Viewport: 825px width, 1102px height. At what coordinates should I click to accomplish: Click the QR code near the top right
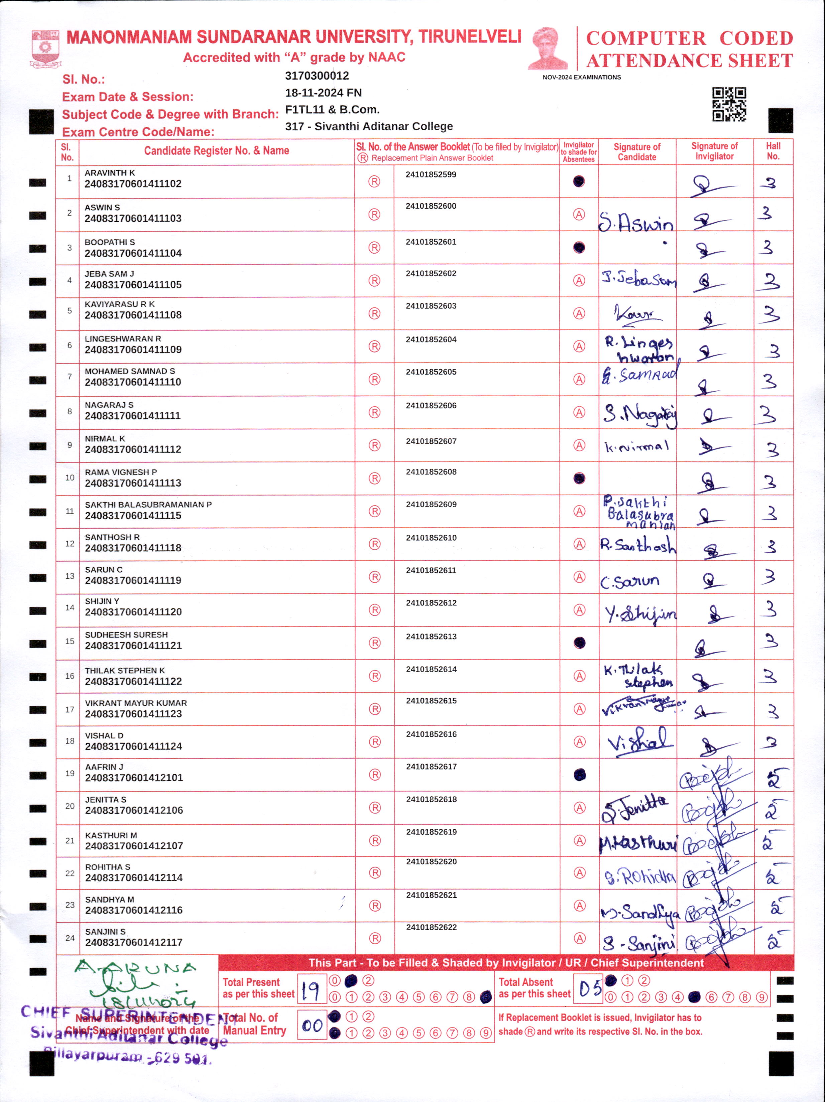coord(729,104)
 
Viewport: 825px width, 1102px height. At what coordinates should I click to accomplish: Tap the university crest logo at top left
coord(45,48)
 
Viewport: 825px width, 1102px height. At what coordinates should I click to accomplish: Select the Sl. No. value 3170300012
coord(317,76)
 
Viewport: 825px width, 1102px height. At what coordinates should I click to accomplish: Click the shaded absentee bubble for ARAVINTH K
coord(578,181)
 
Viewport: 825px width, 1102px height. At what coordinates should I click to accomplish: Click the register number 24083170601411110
coord(133,382)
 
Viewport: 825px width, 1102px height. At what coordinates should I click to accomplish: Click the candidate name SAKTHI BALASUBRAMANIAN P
coord(148,505)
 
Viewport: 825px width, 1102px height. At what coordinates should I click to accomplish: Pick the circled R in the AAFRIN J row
coord(375,775)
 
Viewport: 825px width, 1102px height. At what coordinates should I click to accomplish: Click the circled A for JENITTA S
coord(579,808)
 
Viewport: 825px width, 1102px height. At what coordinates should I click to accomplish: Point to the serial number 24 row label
coord(70,938)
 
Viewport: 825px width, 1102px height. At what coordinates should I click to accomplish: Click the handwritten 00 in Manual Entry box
coord(312,1025)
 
